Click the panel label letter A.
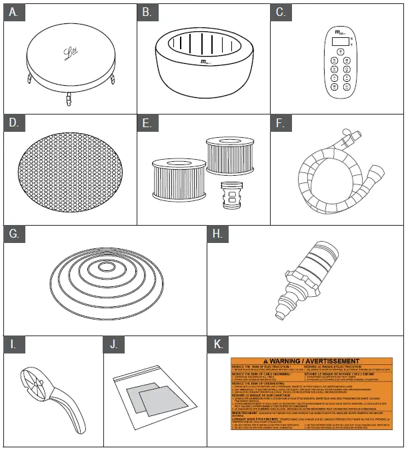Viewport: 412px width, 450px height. click(13, 13)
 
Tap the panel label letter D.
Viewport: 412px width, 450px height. click(13, 123)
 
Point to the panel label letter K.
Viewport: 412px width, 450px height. click(217, 345)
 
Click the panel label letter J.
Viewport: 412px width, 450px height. click(114, 345)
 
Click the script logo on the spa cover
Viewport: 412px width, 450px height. click(70, 51)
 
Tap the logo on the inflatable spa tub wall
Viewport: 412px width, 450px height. click(205, 64)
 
